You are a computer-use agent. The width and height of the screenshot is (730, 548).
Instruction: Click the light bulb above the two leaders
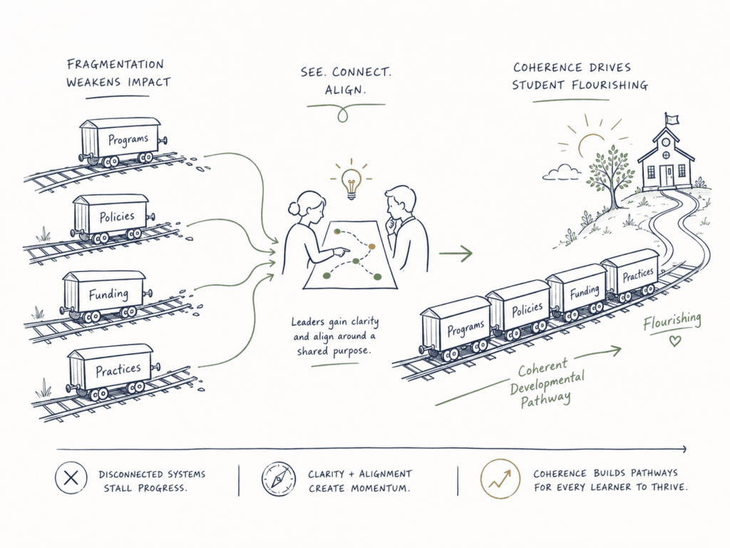pyautogui.click(x=351, y=183)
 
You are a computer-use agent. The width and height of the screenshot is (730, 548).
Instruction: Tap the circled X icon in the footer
pyautogui.click(x=71, y=477)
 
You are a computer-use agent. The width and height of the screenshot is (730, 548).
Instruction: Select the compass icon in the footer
pyautogui.click(x=279, y=479)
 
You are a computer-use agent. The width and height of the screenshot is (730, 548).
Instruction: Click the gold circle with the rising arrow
pyautogui.click(x=500, y=479)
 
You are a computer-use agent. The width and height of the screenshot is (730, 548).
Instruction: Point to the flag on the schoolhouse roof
pyautogui.click(x=671, y=118)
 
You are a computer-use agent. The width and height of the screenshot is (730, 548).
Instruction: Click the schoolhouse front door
pyautogui.click(x=669, y=176)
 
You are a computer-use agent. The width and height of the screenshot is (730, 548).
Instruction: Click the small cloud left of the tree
pyautogui.click(x=562, y=173)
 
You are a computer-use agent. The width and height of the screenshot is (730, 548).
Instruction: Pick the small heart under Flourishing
pyautogui.click(x=674, y=340)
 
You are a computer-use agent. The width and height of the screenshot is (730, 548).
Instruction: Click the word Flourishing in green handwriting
pyautogui.click(x=672, y=321)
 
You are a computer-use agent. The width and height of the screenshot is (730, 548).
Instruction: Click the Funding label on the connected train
pyautogui.click(x=585, y=292)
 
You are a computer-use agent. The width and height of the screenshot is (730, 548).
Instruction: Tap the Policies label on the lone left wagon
pyautogui.click(x=117, y=217)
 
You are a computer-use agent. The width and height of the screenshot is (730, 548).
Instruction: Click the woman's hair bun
pyautogui.click(x=293, y=208)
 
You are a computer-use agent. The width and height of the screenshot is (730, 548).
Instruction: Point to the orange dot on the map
pyautogui.click(x=371, y=246)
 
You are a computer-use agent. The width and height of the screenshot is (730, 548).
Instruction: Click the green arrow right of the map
pyautogui.click(x=456, y=253)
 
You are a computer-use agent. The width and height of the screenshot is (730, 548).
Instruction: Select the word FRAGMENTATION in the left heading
pyautogui.click(x=115, y=64)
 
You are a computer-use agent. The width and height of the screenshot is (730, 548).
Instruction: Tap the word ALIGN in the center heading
pyautogui.click(x=344, y=90)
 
